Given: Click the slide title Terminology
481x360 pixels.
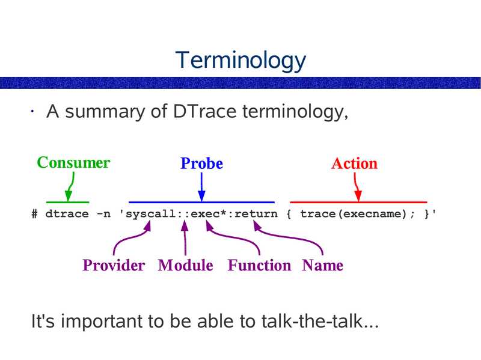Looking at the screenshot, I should click(240, 60).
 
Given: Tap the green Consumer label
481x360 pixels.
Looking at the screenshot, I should click(73, 163).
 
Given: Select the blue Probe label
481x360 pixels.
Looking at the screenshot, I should click(201, 163).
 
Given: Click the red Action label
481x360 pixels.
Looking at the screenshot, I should click(354, 163).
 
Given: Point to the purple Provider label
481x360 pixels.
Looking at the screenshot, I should click(114, 266).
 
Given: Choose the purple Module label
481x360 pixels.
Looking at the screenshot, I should click(185, 266).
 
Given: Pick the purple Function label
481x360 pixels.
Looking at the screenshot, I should click(259, 266).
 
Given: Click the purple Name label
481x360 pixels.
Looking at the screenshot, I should click(322, 266).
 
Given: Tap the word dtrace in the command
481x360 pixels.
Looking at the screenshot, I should click(64, 214).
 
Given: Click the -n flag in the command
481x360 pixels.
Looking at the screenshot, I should click(101, 214).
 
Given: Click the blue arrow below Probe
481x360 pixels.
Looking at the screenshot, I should click(201, 186).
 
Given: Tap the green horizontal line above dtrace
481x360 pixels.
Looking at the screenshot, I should click(67, 202).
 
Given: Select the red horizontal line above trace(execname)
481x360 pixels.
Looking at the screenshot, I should click(358, 202).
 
